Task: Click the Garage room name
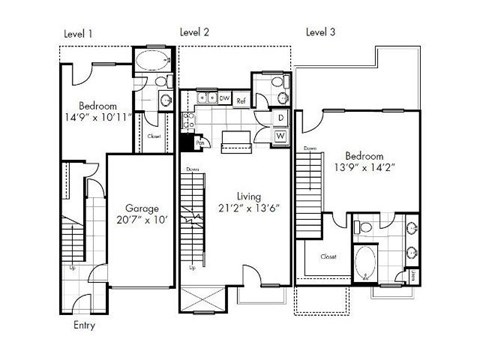141,199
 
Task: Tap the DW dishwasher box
225,99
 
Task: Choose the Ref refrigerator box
242,100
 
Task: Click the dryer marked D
280,118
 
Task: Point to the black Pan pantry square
200,142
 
